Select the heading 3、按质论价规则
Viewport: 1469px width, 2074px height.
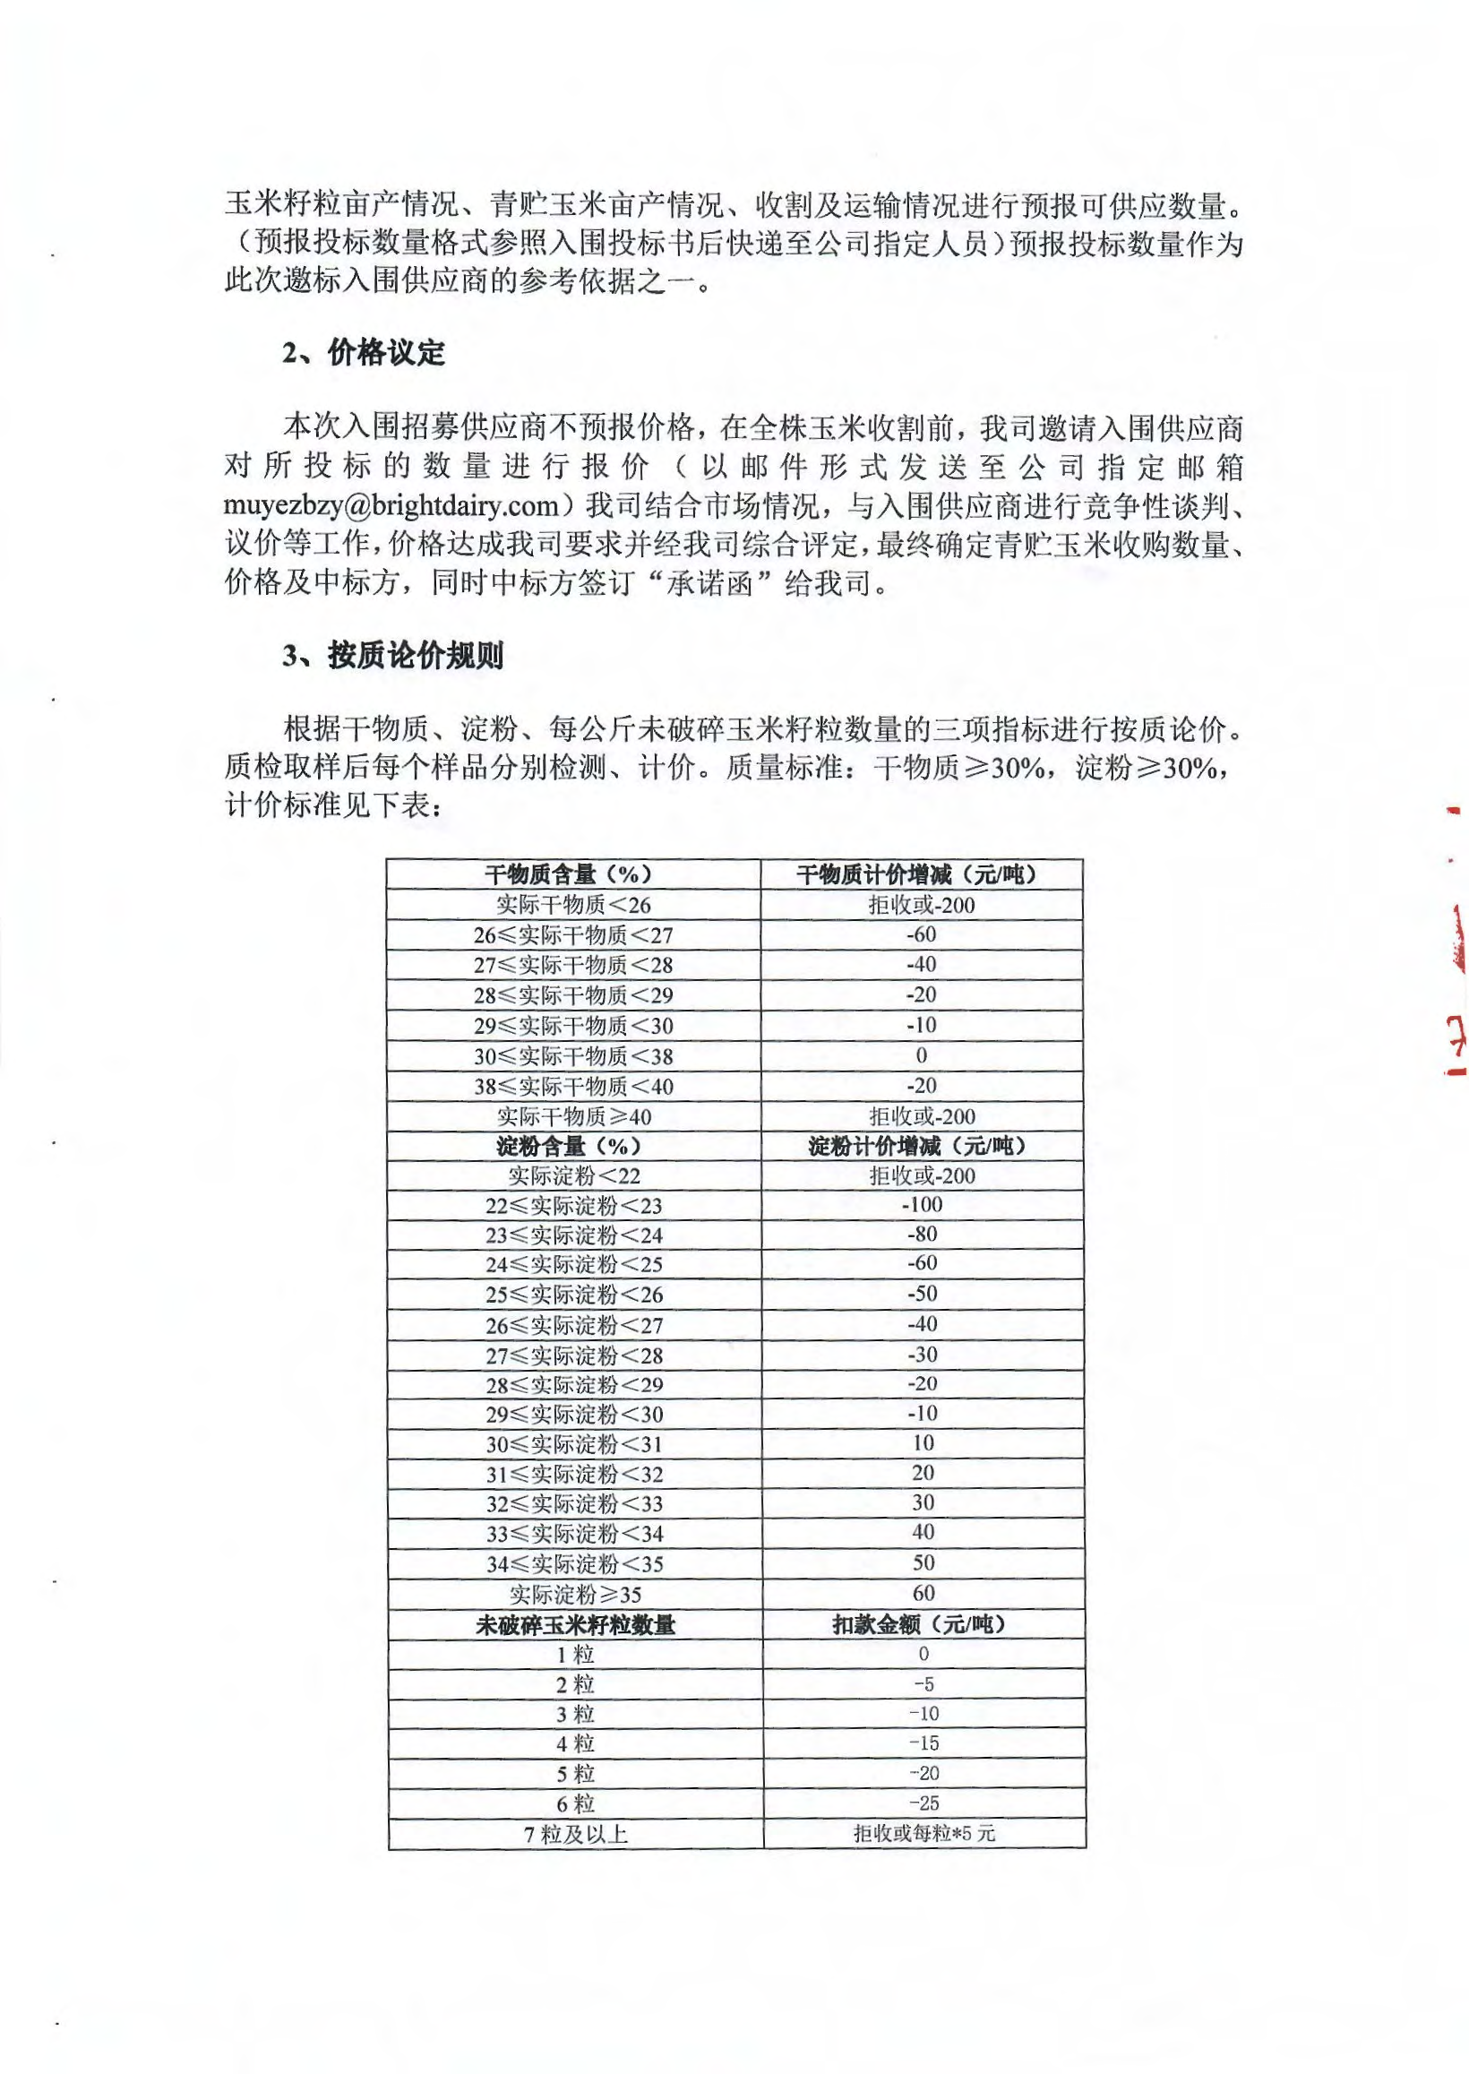tap(391, 656)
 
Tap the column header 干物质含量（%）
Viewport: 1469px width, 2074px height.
tap(572, 874)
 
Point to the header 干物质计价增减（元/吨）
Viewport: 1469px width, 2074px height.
tap(921, 874)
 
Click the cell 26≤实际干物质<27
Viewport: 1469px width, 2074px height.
tap(572, 935)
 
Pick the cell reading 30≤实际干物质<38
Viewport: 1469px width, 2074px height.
tap(572, 1056)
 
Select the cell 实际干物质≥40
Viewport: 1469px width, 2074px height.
tap(572, 1117)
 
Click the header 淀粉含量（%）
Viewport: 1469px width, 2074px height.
tap(572, 1147)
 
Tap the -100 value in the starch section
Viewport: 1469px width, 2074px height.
tap(922, 1205)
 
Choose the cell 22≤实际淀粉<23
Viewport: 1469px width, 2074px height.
tap(572, 1206)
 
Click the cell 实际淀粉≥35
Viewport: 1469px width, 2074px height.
tap(574, 1594)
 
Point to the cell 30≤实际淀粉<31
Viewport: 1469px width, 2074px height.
tap(572, 1444)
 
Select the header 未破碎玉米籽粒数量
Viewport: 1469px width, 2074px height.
tap(574, 1624)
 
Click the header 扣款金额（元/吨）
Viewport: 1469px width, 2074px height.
tap(922, 1624)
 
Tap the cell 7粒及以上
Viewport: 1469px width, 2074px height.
tap(575, 1833)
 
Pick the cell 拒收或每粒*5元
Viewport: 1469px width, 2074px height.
tap(923, 1833)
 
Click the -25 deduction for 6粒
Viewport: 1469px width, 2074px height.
tap(923, 1803)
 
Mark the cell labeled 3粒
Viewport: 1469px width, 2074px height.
tap(575, 1714)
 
